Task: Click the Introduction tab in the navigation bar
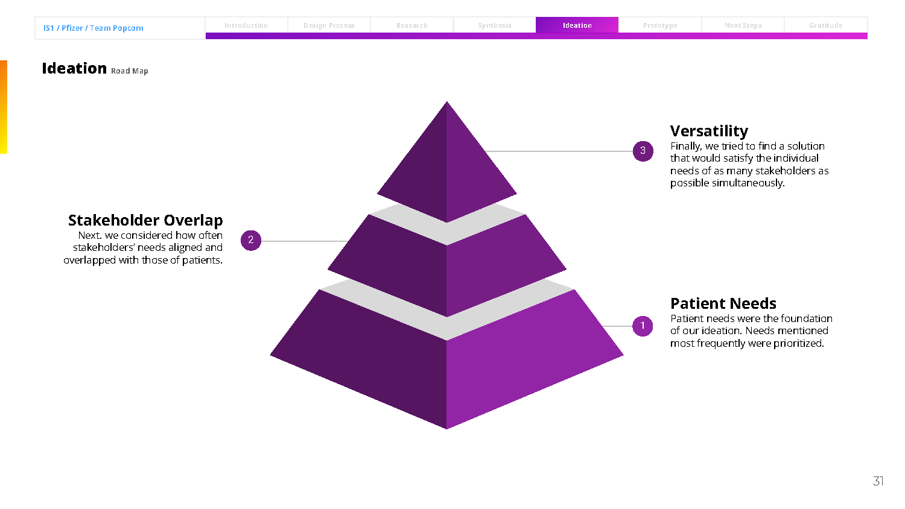point(246,25)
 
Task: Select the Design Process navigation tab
point(329,25)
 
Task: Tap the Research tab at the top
point(412,25)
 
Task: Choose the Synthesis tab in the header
point(495,25)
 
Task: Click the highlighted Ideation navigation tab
point(577,25)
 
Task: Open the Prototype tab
point(660,25)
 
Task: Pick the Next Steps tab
point(743,25)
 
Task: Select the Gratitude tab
point(825,25)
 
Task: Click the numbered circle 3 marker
point(643,151)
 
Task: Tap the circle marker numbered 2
point(251,240)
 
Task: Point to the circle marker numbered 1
point(643,326)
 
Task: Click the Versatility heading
point(709,131)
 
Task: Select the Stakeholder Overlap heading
point(145,220)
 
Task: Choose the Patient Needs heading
point(723,303)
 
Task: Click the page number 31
point(878,481)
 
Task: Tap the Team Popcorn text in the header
point(116,28)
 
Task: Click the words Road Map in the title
point(129,71)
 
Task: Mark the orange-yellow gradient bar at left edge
point(3,107)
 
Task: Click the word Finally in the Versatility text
point(685,146)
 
